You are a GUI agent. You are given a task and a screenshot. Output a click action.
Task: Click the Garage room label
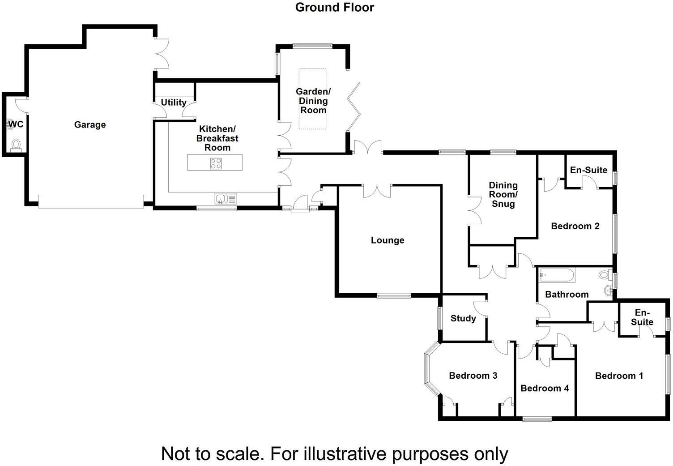90,125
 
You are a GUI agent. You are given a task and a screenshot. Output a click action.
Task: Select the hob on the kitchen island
215,164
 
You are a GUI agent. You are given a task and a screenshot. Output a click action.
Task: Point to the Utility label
174,103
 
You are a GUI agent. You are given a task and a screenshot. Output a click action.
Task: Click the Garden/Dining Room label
313,101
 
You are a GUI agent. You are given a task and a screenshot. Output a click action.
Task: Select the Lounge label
388,240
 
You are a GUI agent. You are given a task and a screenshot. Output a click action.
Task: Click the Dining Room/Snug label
503,195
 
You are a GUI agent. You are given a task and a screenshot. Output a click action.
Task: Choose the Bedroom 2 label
575,226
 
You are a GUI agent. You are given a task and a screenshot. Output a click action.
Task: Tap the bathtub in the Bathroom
557,275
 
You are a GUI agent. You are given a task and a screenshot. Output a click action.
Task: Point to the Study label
463,319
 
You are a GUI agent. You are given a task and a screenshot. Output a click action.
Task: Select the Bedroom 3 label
473,376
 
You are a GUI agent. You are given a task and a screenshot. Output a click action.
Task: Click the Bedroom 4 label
545,388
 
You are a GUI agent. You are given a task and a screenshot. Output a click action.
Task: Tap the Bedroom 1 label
619,376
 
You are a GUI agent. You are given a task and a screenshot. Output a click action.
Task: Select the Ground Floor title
335,8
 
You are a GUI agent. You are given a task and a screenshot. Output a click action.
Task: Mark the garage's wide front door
91,201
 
